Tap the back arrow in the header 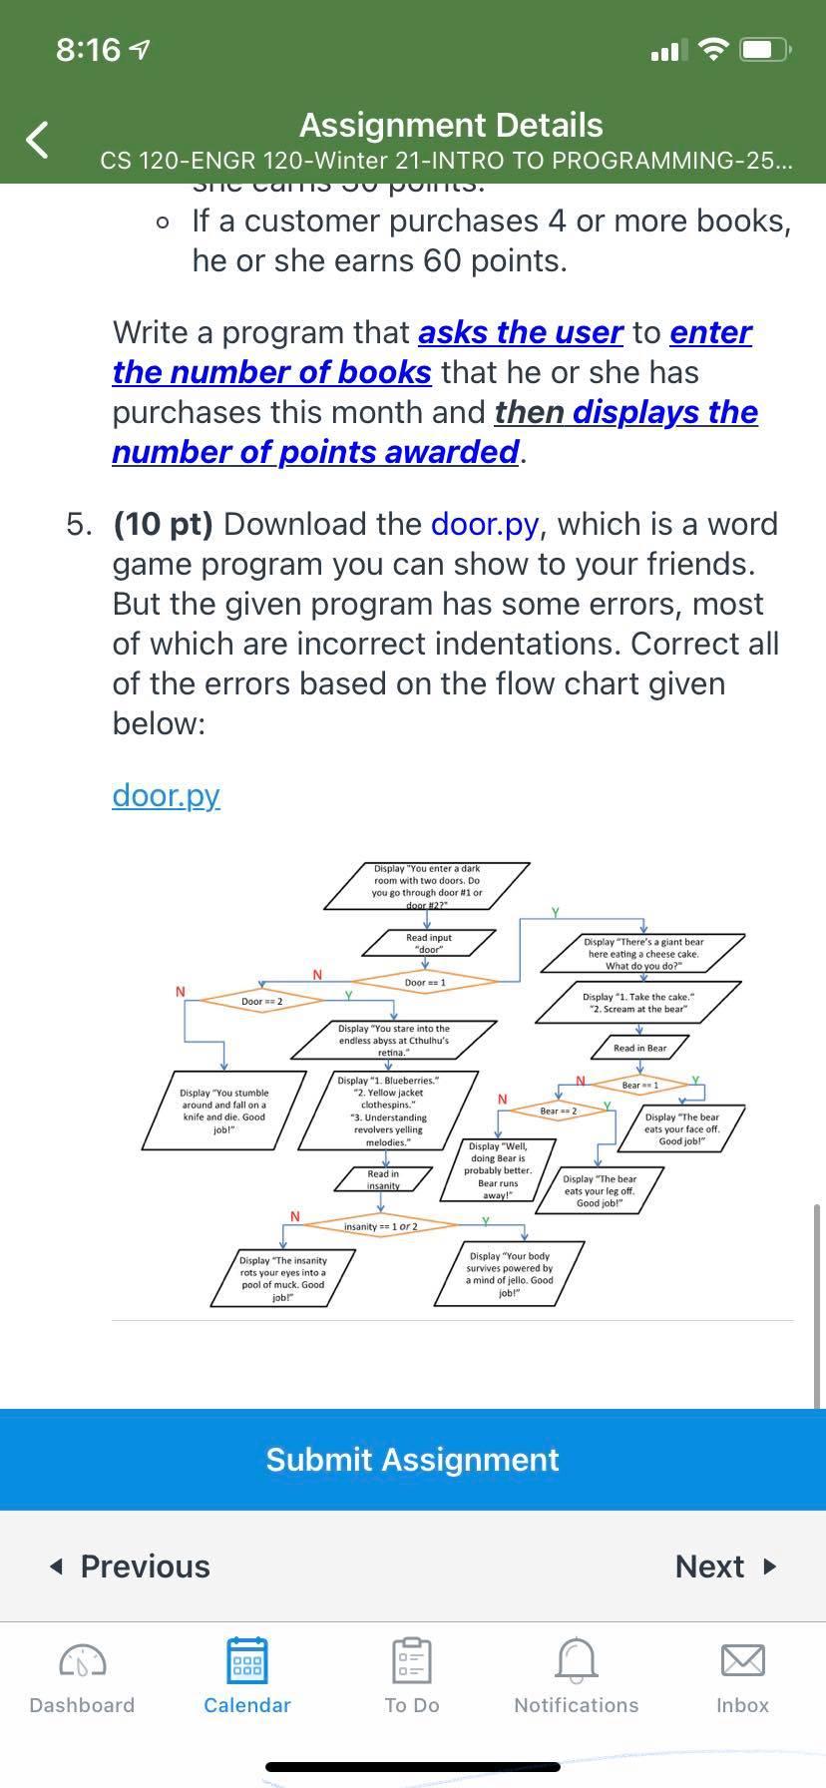pyautogui.click(x=37, y=140)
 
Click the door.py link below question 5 pyautogui.click(x=166, y=795)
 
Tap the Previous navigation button pyautogui.click(x=131, y=1566)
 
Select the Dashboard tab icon pyautogui.click(x=82, y=1661)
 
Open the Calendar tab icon pyautogui.click(x=246, y=1661)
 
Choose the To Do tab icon pyautogui.click(x=412, y=1661)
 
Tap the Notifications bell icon pyautogui.click(x=576, y=1661)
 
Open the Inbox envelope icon pyautogui.click(x=742, y=1661)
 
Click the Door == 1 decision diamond pyautogui.click(x=425, y=983)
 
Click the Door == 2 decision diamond pyautogui.click(x=261, y=1001)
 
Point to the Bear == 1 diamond pyautogui.click(x=639, y=1085)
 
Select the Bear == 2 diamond pyautogui.click(x=559, y=1111)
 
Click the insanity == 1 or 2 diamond pyautogui.click(x=380, y=1225)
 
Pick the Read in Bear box pyautogui.click(x=639, y=1048)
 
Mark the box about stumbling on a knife pyautogui.click(x=223, y=1111)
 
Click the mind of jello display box pyautogui.click(x=510, y=1274)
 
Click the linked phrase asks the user pyautogui.click(x=520, y=332)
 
